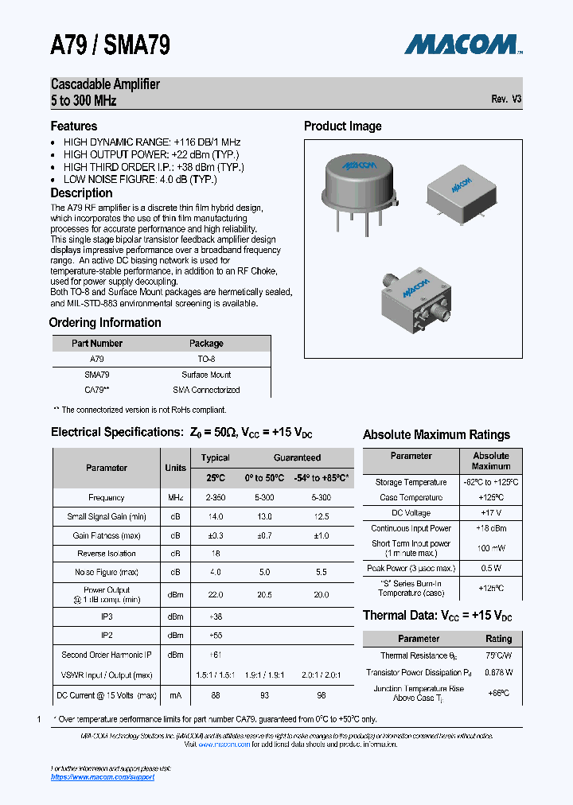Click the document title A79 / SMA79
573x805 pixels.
(x=111, y=45)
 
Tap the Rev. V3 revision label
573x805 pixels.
(x=506, y=99)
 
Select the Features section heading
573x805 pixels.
(x=74, y=126)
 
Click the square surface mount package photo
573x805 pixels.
(x=462, y=188)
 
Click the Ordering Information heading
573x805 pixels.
(x=105, y=322)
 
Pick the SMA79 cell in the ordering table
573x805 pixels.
(x=97, y=375)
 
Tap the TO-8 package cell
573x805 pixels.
(x=206, y=360)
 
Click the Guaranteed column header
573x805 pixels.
(x=297, y=457)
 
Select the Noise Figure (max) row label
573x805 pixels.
(x=107, y=572)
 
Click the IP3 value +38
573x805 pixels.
(x=215, y=616)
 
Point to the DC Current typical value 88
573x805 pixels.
(x=215, y=694)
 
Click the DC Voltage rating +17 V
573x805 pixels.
(x=491, y=513)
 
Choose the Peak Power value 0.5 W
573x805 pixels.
(x=491, y=568)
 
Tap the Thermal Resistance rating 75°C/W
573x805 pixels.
(x=498, y=655)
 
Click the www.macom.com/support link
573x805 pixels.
(x=103, y=777)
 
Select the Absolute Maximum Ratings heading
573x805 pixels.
(x=436, y=434)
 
